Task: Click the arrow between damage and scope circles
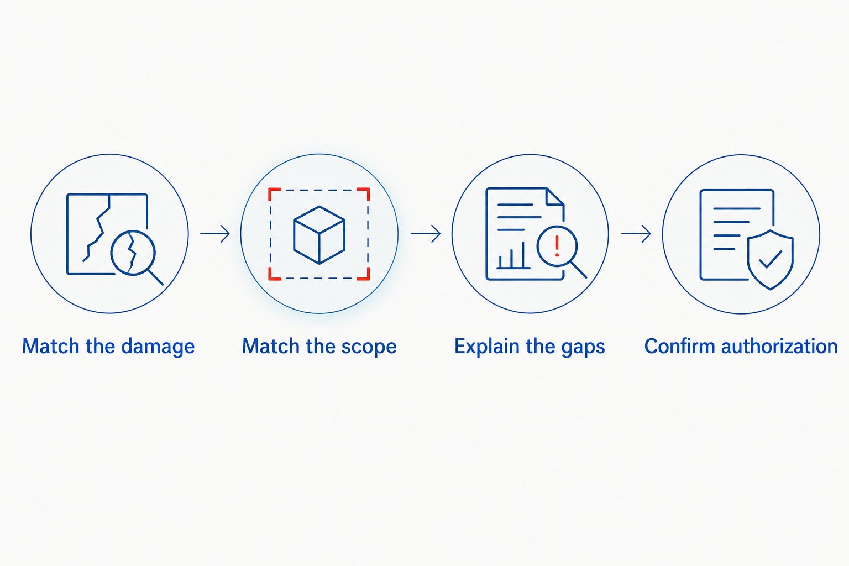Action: pyautogui.click(x=215, y=233)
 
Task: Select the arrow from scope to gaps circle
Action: pyautogui.click(x=426, y=233)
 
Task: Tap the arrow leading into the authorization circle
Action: pyautogui.click(x=636, y=233)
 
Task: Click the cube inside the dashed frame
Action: pyautogui.click(x=319, y=235)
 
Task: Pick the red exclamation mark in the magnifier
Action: pyautogui.click(x=557, y=245)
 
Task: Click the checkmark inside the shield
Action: pyautogui.click(x=770, y=259)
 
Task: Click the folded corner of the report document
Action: pyautogui.click(x=555, y=197)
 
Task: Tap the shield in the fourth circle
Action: pyautogui.click(x=770, y=260)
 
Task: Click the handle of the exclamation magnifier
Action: pyautogui.click(x=579, y=270)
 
